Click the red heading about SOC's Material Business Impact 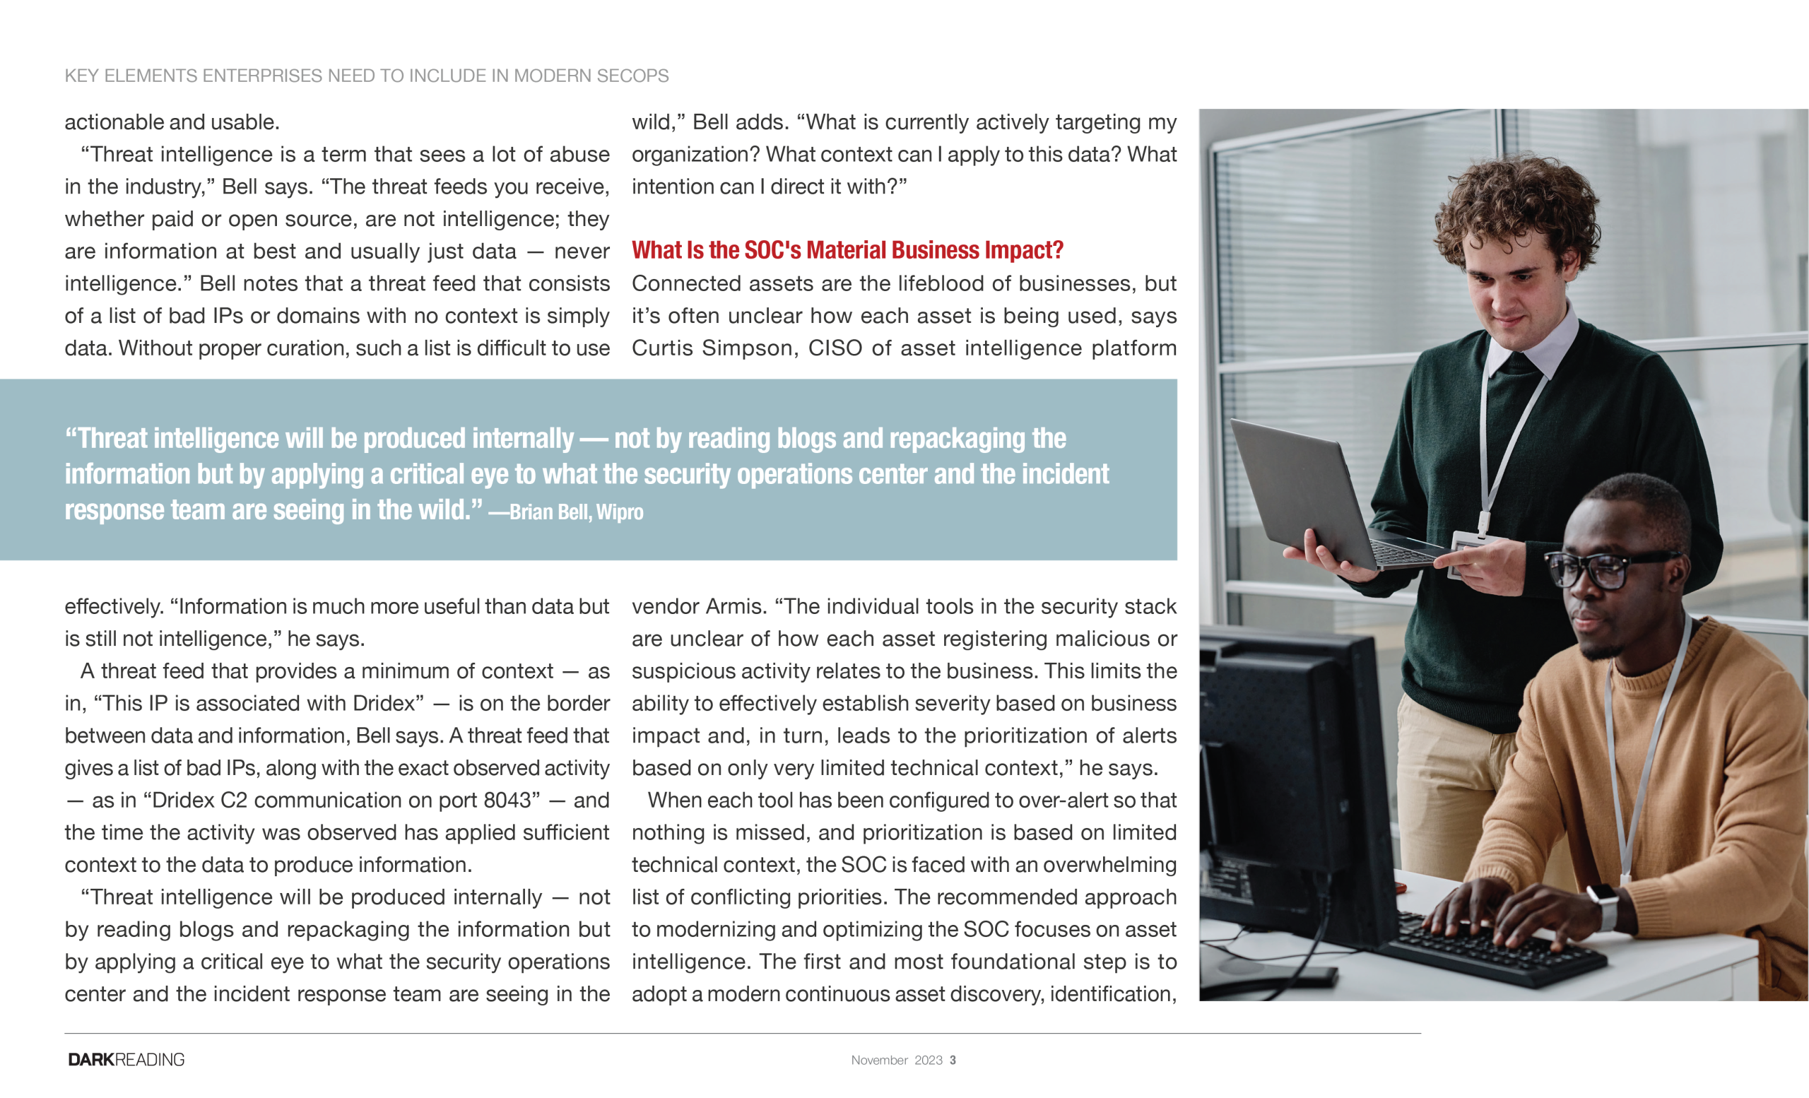pos(847,250)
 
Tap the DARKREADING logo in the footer pos(126,1059)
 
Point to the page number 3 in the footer pos(953,1060)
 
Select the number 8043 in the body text pos(507,800)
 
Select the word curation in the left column pos(307,348)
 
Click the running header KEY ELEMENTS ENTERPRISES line pos(366,76)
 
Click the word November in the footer pos(879,1060)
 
